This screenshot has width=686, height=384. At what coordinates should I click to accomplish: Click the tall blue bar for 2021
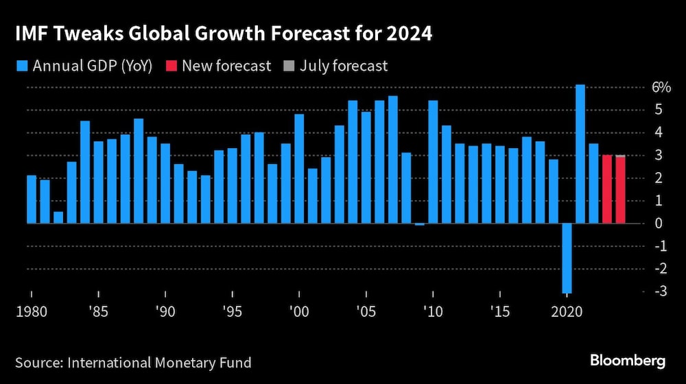pyautogui.click(x=580, y=154)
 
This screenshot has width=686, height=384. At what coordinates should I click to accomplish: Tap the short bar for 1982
pyautogui.click(x=58, y=217)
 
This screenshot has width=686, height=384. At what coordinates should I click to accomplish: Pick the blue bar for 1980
pyautogui.click(x=32, y=199)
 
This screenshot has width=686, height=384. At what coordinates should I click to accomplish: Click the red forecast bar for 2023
pyautogui.click(x=607, y=189)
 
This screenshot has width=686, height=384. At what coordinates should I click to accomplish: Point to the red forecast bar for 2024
pyautogui.click(x=620, y=191)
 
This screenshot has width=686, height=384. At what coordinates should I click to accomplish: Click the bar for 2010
pyautogui.click(x=433, y=162)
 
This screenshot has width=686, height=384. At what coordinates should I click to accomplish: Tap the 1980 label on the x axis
pyautogui.click(x=31, y=311)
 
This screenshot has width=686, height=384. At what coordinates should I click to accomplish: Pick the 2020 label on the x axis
pyautogui.click(x=567, y=311)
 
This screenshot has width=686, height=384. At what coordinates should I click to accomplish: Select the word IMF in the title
pyautogui.click(x=31, y=34)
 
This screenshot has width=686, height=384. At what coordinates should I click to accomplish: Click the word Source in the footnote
pyautogui.click(x=38, y=361)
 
